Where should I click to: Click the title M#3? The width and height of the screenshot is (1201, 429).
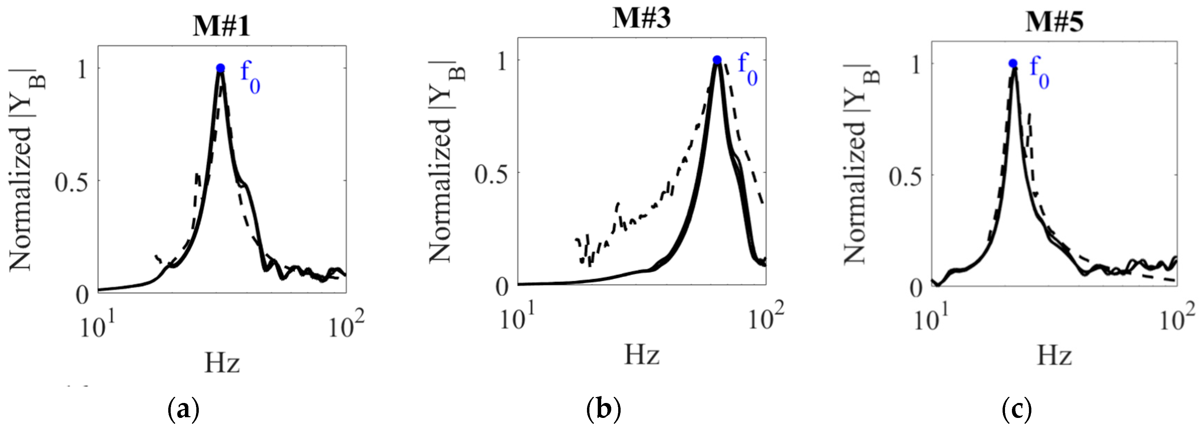(x=641, y=19)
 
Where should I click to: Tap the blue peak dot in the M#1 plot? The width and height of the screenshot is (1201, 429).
(x=221, y=68)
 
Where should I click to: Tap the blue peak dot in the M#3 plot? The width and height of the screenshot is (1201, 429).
(x=717, y=60)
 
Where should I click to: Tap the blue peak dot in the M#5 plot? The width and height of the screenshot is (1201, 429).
(x=1013, y=64)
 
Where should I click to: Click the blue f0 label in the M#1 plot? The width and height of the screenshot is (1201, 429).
(x=250, y=79)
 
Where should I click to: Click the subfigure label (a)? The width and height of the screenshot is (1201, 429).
(x=183, y=410)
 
